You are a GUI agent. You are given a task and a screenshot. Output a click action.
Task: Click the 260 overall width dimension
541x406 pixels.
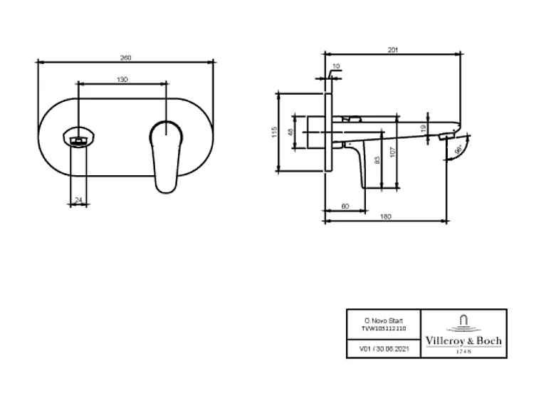127,57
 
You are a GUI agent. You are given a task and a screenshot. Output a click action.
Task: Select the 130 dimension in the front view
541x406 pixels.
122,80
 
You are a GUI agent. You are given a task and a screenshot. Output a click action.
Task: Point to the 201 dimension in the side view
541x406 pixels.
392,49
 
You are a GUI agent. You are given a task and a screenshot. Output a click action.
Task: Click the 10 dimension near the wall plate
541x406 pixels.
337,66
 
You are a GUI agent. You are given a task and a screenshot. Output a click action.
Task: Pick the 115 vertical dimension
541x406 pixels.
273,132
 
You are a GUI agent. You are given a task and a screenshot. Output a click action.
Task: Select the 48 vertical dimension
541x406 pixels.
290,132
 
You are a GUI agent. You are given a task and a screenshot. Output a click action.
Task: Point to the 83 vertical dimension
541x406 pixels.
377,161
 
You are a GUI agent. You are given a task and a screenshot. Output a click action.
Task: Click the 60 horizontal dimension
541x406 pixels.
345,206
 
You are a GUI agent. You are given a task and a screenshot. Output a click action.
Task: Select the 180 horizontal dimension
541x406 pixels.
385,217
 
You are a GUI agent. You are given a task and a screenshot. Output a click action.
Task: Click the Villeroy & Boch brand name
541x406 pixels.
463,341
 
